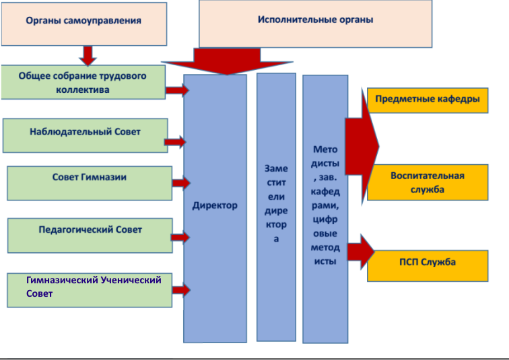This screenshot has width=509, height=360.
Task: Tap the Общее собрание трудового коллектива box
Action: (83, 82)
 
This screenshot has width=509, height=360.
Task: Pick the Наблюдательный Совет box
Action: (86, 135)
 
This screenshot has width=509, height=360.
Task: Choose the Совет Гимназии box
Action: (90, 182)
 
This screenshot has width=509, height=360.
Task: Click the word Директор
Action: (215, 205)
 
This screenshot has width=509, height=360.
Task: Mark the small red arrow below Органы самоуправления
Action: (88, 55)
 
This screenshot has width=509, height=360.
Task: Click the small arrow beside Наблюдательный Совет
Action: (176, 141)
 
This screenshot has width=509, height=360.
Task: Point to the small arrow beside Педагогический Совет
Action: (180, 238)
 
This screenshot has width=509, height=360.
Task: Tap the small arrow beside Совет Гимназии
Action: (181, 182)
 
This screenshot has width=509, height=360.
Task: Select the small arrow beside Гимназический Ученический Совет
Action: (181, 291)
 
